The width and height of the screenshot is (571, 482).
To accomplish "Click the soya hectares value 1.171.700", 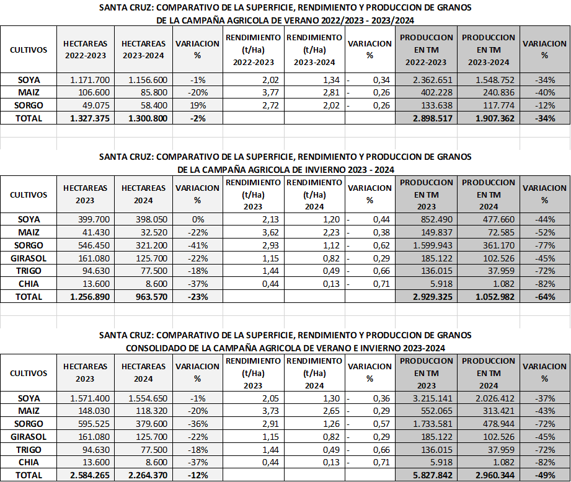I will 90,81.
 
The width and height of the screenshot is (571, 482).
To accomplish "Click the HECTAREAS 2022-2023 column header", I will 86,50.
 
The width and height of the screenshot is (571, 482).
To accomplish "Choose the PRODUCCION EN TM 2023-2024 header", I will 489,50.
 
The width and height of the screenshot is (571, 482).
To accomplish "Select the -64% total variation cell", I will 544,296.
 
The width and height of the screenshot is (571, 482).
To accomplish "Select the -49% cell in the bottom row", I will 544,475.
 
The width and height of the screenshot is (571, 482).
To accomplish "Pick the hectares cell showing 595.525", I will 90,424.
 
